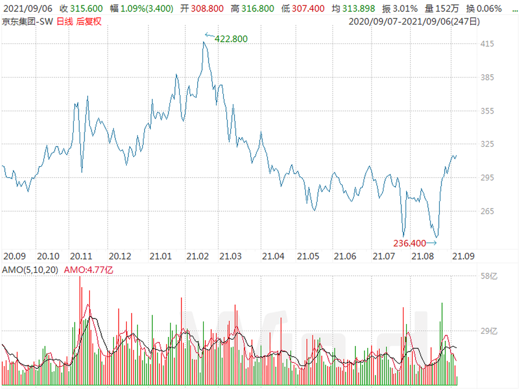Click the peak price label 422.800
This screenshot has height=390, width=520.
231,38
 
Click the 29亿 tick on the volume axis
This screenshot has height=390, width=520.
489,330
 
